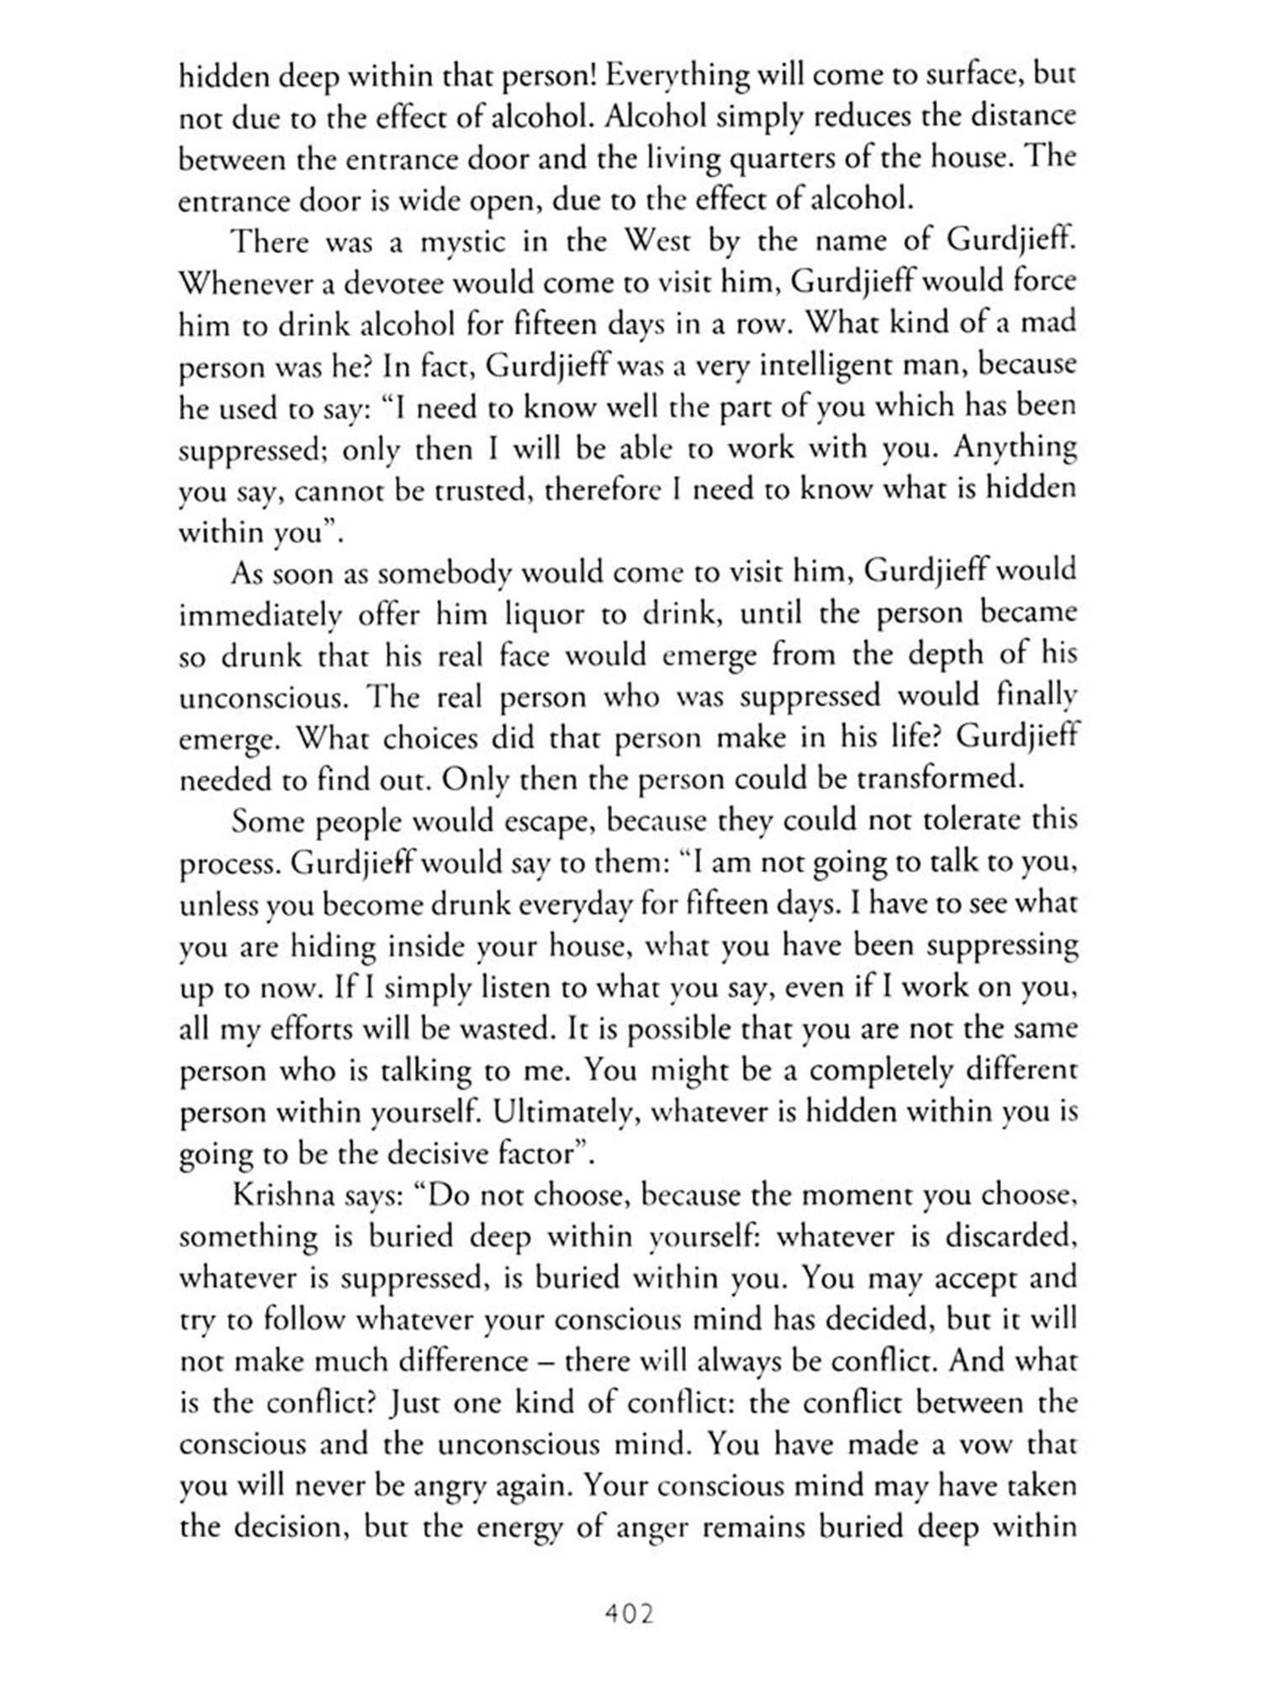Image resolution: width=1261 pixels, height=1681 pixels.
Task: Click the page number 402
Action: coord(629,1613)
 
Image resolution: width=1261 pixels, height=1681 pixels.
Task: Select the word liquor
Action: coord(544,614)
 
